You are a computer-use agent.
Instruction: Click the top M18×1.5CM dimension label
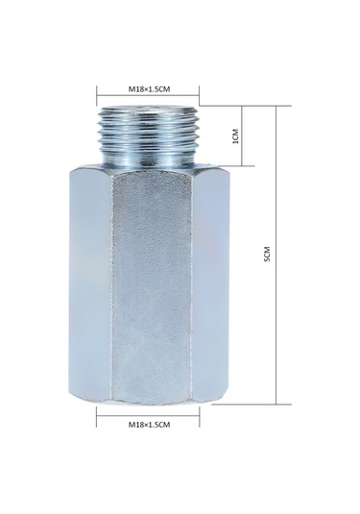click(149, 88)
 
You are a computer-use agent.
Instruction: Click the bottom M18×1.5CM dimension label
click(149, 425)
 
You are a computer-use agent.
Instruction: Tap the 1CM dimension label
click(235, 135)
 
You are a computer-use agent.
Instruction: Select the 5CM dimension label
click(268, 254)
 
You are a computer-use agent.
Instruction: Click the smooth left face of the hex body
click(90, 284)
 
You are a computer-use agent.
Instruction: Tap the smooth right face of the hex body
click(209, 284)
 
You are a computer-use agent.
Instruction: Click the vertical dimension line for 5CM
click(276, 255)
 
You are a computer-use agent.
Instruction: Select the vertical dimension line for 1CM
click(242, 135)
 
